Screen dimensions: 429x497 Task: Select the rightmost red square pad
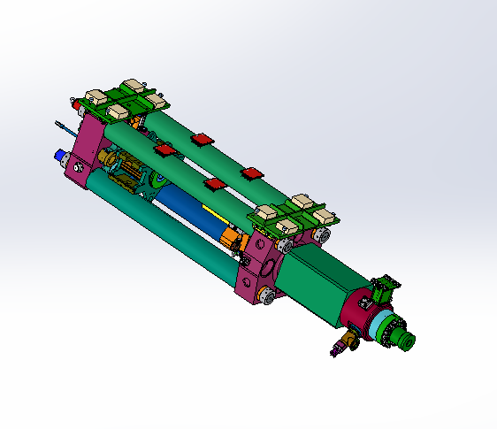point(254,172)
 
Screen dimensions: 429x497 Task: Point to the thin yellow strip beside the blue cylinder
point(213,211)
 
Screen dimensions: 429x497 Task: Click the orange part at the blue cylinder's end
point(233,237)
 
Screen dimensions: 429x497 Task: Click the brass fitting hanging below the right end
point(348,341)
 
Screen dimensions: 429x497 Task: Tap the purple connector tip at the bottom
point(333,353)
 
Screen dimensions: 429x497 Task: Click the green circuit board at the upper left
point(124,97)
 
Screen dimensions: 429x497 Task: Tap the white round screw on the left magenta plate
point(80,167)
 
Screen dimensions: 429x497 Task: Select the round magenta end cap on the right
point(359,310)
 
